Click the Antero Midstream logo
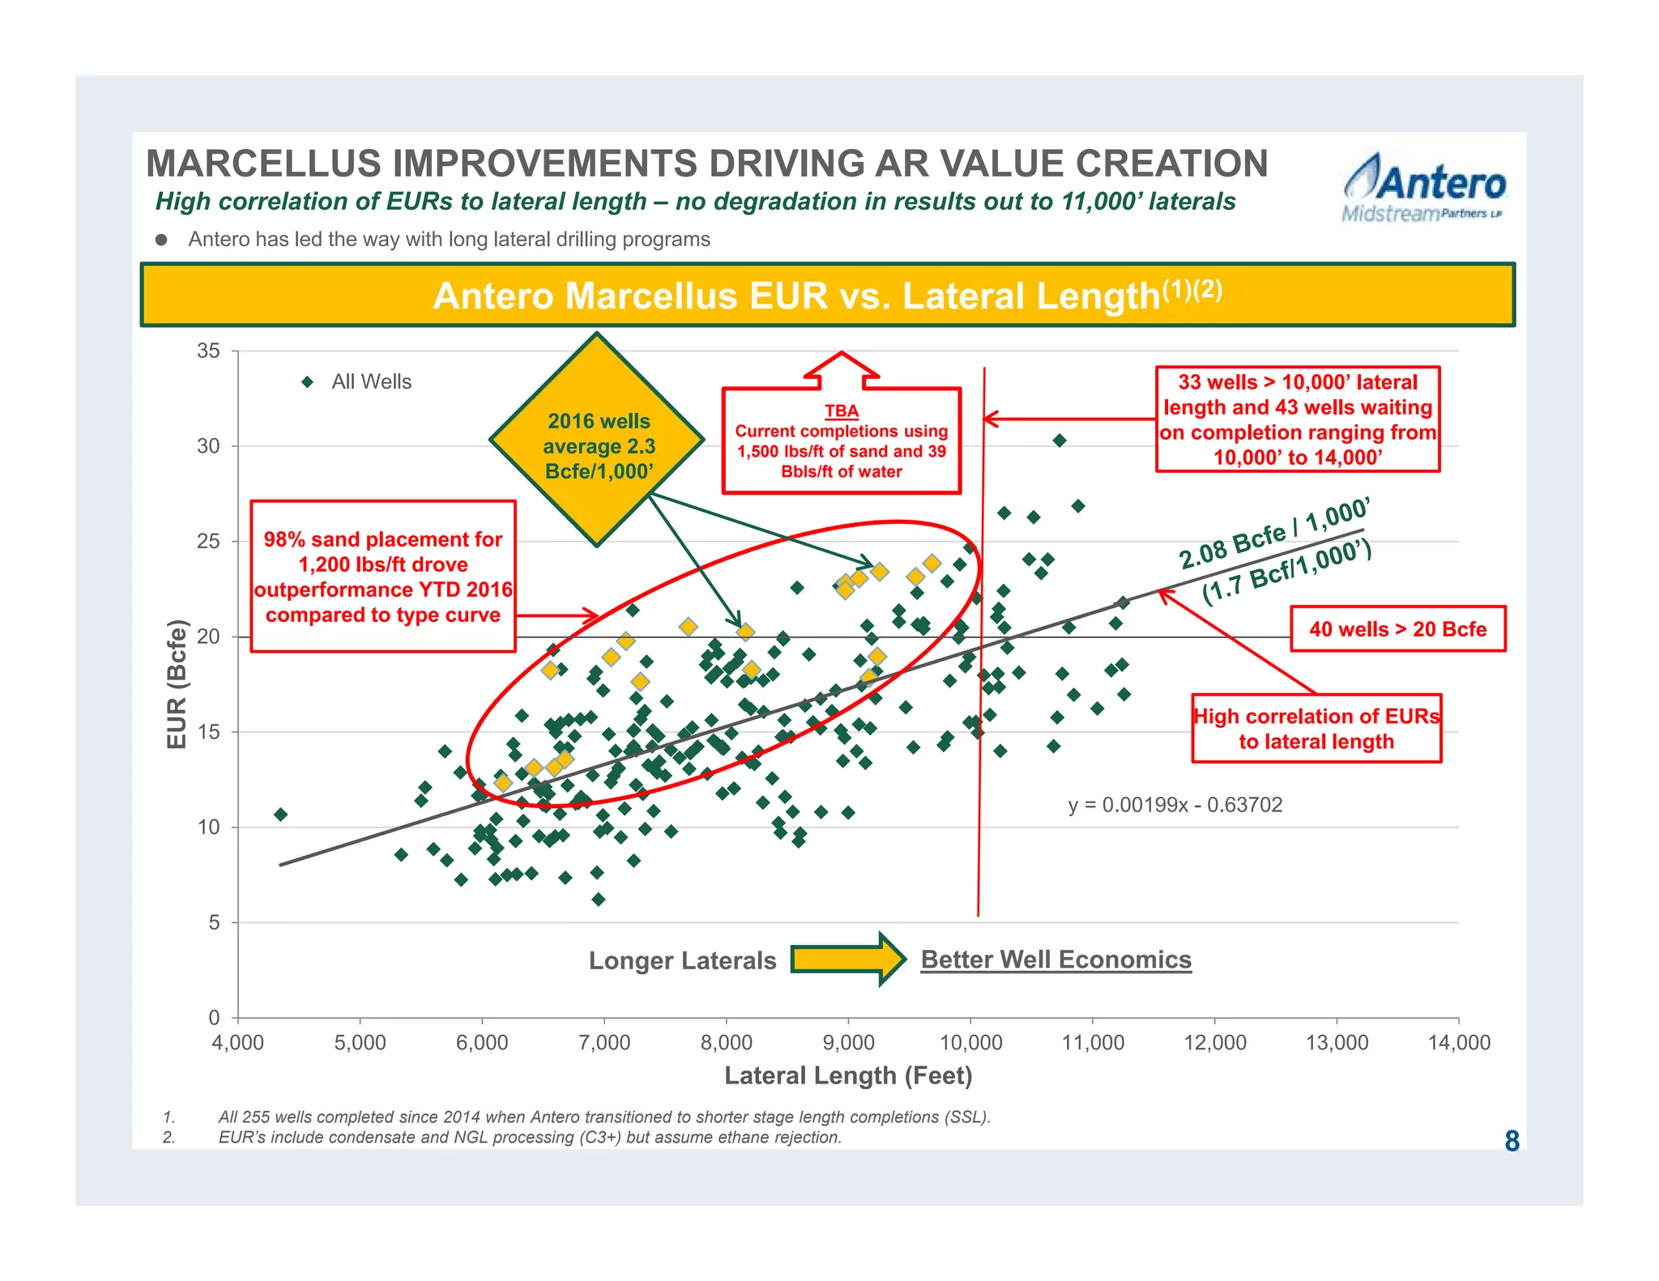1424,189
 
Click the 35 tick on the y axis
208,351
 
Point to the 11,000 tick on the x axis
1093,1043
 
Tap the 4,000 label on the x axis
237,1043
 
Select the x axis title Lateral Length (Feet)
847,1075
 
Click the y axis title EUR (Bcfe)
177,684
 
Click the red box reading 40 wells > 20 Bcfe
1397,629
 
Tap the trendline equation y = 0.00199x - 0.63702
1175,805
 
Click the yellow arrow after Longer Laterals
847,960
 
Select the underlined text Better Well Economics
1056,960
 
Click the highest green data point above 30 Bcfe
1060,440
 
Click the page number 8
1512,1141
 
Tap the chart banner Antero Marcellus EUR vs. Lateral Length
827,296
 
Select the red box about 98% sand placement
383,577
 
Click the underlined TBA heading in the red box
842,411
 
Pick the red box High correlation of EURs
1316,729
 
